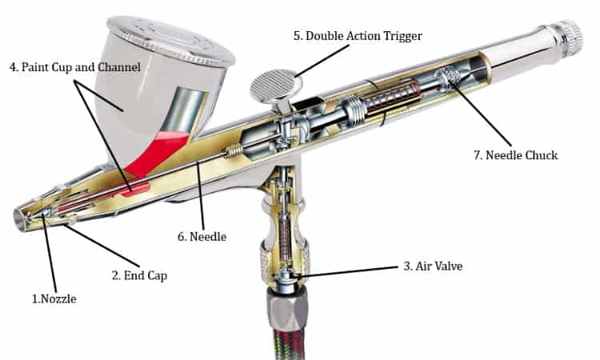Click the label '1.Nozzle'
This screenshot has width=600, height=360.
point(54,298)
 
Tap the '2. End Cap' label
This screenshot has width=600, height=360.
point(140,275)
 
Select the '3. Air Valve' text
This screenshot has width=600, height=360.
point(433,266)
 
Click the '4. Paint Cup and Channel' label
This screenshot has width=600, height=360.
point(75,67)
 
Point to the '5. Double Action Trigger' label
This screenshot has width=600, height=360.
point(358,35)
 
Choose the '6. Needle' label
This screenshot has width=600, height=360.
point(202,237)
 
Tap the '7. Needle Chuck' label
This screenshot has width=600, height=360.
point(516,155)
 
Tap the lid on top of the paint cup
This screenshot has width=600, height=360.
point(170,40)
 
